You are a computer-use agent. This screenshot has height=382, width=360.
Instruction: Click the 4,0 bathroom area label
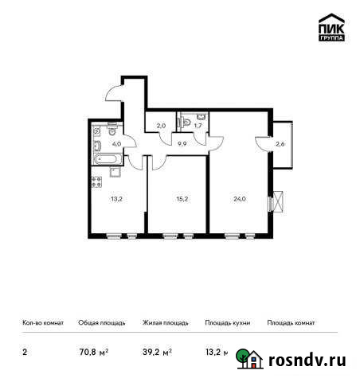coord(115,144)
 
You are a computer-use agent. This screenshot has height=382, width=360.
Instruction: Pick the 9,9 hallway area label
coord(182,145)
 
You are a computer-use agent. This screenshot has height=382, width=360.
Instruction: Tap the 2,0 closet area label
coord(160,124)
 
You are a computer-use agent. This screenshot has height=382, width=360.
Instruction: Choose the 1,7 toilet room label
coord(198,125)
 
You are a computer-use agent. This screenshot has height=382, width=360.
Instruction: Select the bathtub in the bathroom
coord(104,158)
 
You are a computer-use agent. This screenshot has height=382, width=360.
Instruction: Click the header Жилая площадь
coord(165,323)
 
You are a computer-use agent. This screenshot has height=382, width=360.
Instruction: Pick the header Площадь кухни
coord(228,323)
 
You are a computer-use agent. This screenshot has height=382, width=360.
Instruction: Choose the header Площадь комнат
coord(291,323)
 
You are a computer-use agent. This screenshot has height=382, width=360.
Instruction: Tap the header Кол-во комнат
coord(41,323)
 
